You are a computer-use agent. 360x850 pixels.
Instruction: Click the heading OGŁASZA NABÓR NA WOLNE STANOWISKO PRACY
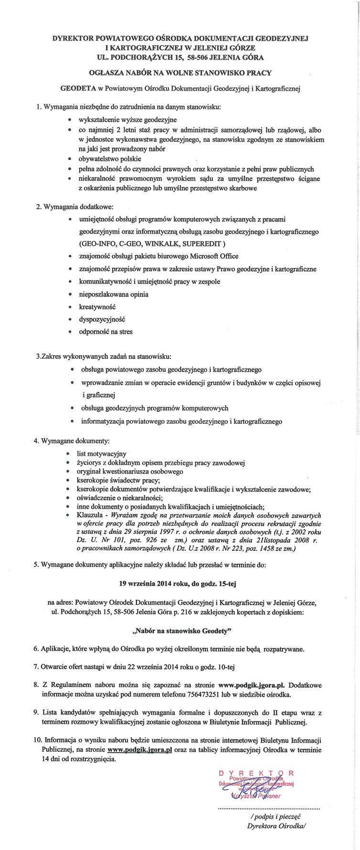click(180, 73)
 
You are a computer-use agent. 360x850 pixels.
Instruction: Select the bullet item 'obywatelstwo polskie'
click(110, 158)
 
